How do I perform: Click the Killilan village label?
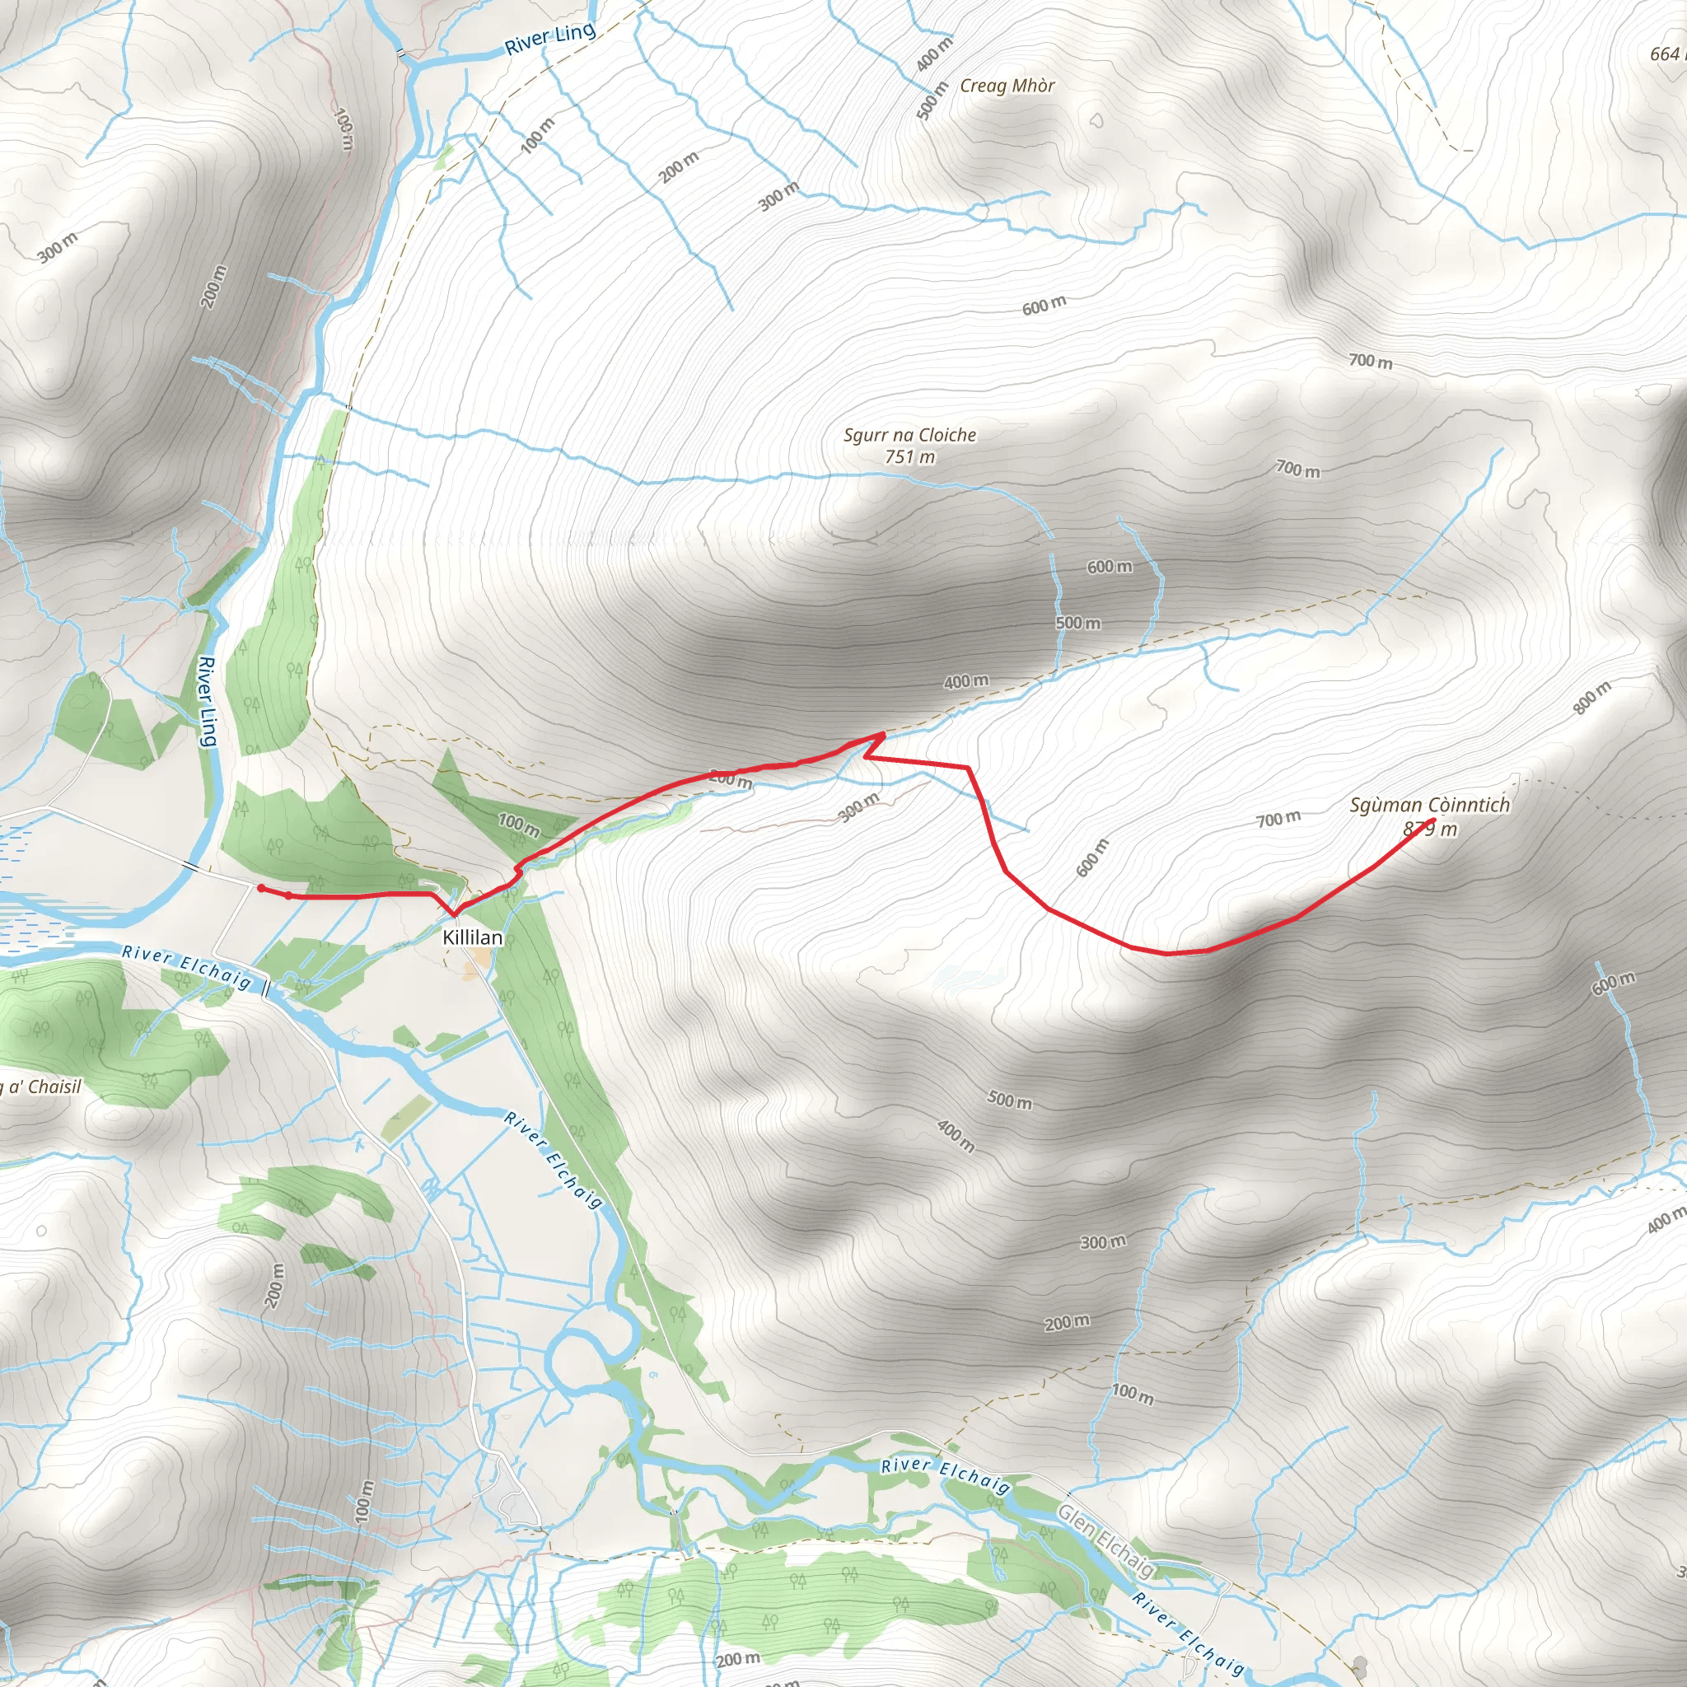(472, 937)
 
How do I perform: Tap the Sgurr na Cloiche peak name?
(910, 435)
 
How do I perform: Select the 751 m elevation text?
(910, 456)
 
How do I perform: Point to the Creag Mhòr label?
(1007, 86)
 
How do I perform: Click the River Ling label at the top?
(550, 39)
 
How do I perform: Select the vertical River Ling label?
(207, 701)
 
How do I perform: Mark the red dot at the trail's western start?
(261, 888)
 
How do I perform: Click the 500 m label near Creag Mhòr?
(932, 100)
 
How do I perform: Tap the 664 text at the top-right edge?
(1669, 54)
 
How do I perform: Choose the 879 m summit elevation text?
(1430, 829)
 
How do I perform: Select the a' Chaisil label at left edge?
(40, 1087)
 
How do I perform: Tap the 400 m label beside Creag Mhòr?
(935, 54)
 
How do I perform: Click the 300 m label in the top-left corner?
(58, 247)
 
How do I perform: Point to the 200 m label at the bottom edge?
(738, 1658)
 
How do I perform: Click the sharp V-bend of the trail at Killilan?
(454, 914)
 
